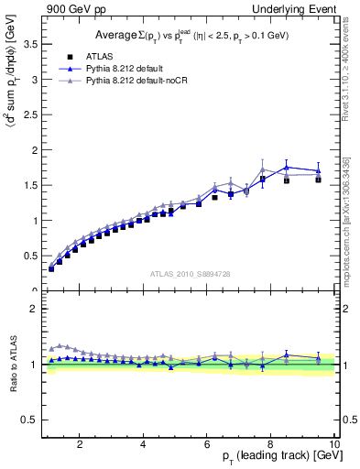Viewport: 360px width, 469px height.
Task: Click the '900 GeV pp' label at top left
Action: tap(71, 8)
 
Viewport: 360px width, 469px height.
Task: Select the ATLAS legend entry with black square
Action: tap(103, 56)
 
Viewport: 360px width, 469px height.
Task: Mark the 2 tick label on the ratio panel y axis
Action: tap(34, 309)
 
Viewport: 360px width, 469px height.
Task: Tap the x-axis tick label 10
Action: tap(333, 445)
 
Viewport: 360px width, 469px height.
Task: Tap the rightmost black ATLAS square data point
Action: tap(318, 180)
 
